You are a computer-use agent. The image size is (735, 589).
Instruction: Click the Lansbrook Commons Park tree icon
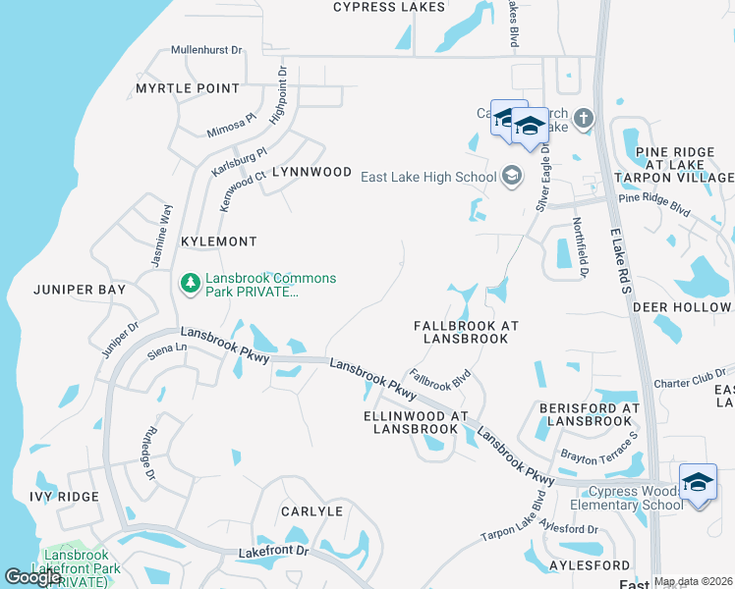190,284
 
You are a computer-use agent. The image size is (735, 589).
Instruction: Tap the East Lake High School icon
511,177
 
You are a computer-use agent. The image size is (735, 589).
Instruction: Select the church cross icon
584,120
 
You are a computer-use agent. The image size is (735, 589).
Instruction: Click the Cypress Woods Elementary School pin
698,483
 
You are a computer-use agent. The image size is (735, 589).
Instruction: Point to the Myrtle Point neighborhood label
188,88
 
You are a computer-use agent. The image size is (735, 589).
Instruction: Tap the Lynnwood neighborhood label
311,172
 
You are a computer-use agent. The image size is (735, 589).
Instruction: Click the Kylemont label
219,241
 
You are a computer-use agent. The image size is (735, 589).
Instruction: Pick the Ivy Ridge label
64,497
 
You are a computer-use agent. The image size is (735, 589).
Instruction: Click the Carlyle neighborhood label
311,511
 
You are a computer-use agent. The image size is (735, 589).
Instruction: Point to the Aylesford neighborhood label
590,566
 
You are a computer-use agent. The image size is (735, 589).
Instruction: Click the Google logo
31,576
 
